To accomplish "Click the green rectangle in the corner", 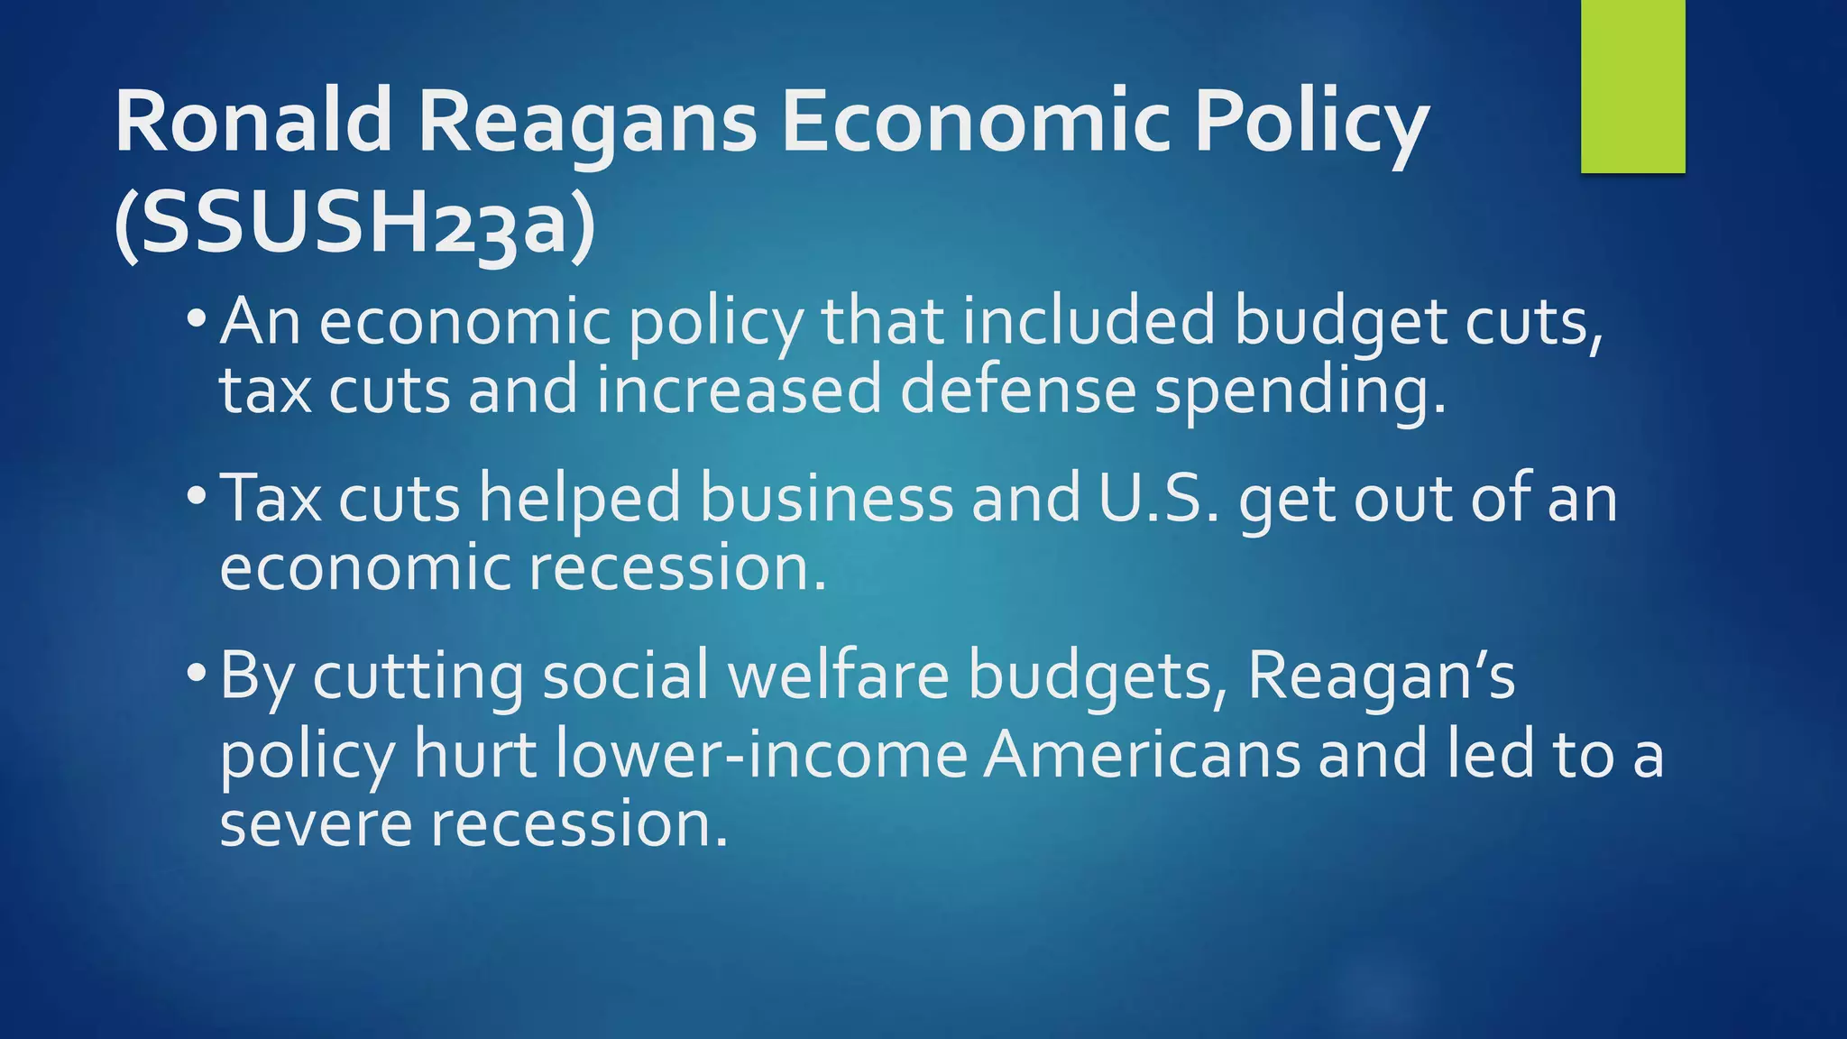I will coord(1632,86).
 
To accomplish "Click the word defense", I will coord(1018,391).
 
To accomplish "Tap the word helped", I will coord(579,500).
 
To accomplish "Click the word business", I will coord(826,498).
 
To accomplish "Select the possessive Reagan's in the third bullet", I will coord(1381,676).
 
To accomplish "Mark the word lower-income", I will coord(761,755).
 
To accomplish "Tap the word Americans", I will coord(1142,755).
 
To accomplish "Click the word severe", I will coord(316,825).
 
